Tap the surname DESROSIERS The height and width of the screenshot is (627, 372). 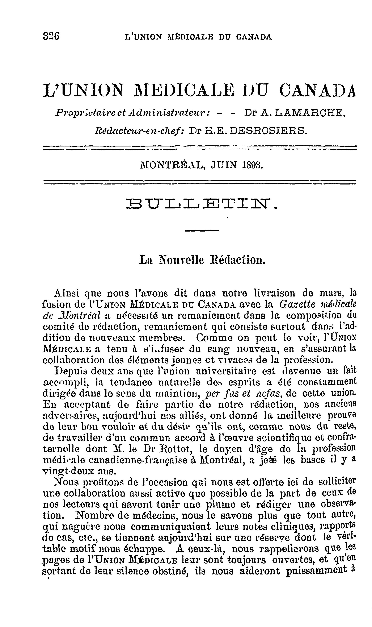point(269,131)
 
